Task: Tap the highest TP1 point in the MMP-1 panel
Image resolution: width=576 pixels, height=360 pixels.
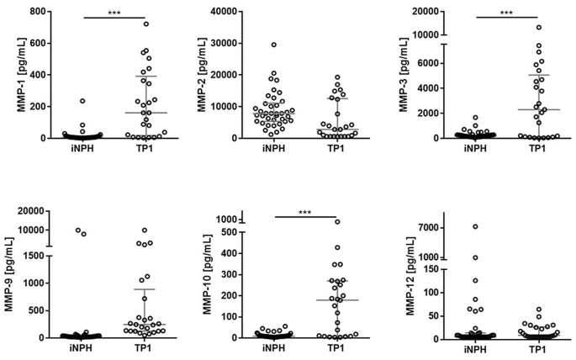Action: [145, 24]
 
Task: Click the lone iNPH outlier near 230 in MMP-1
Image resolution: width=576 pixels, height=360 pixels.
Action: [82, 101]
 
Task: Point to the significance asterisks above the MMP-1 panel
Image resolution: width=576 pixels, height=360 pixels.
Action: [114, 12]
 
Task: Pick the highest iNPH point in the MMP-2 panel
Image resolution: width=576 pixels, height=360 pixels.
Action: [273, 45]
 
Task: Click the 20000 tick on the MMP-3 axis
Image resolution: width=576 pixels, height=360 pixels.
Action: [431, 12]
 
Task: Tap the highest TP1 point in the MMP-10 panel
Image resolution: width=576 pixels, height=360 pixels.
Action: [336, 222]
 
